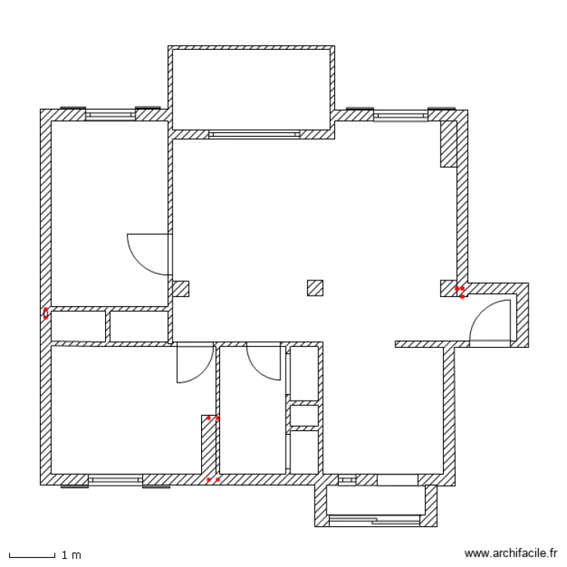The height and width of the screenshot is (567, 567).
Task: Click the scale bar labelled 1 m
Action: (32, 555)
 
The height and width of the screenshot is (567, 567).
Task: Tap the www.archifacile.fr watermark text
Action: (510, 553)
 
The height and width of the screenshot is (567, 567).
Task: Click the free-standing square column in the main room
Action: (315, 288)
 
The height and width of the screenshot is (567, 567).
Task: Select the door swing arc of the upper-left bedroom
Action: (140, 263)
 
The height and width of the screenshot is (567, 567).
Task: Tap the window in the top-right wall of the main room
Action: (401, 116)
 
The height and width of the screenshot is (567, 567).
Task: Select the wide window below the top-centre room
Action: (254, 135)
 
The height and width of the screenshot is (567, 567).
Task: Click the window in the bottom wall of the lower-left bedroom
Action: (116, 480)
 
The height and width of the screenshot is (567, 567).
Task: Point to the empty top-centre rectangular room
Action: (251, 89)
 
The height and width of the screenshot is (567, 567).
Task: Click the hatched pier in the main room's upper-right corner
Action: (448, 144)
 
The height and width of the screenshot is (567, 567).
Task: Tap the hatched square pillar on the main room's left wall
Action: (181, 289)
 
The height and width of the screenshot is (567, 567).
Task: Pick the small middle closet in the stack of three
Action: (304, 416)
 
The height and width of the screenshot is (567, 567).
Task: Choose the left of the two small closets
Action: (78, 326)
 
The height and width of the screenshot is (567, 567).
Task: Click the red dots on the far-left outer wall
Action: (46, 314)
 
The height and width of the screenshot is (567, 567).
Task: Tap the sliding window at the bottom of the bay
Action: (374, 520)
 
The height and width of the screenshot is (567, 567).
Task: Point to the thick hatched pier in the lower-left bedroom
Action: (209, 445)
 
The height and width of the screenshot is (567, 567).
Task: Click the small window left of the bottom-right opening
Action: (347, 480)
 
